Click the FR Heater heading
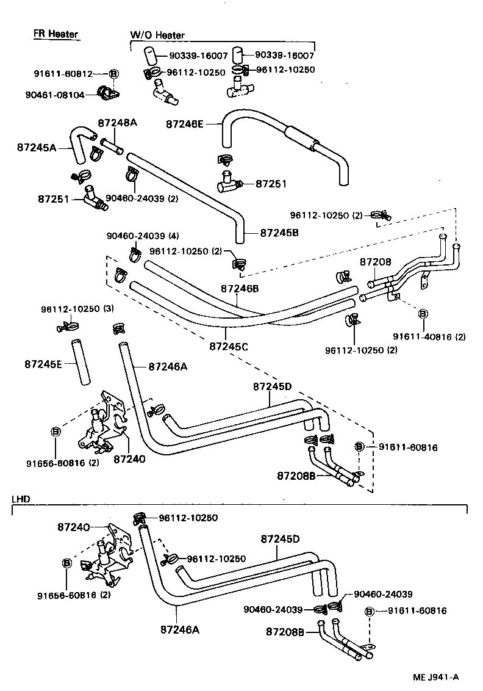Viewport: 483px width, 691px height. click(x=55, y=34)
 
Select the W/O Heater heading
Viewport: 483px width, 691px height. click(x=157, y=35)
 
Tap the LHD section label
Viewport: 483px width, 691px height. click(x=21, y=499)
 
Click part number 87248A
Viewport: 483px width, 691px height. click(x=117, y=122)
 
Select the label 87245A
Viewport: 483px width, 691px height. click(x=36, y=147)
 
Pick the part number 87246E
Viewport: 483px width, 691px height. click(x=185, y=124)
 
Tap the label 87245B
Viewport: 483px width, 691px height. click(x=280, y=233)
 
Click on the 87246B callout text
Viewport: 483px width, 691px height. click(x=240, y=288)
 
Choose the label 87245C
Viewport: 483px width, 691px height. click(x=229, y=346)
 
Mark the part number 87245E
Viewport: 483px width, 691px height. click(x=44, y=364)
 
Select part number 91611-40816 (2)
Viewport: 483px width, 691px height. click(x=429, y=336)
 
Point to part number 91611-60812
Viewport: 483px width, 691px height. click(x=63, y=74)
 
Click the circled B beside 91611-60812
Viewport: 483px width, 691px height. click(x=114, y=74)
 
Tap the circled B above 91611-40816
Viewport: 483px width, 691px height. click(x=422, y=313)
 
